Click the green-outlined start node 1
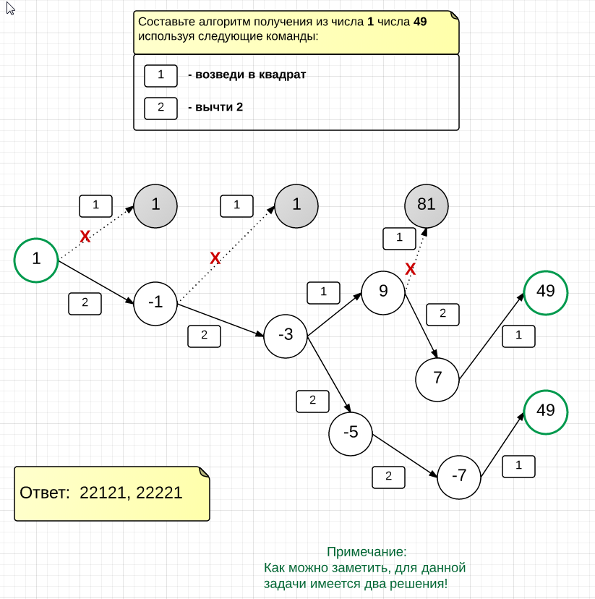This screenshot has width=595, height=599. pos(36,260)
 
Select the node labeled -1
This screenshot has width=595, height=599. pos(155,303)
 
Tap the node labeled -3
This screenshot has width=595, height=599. pos(286,336)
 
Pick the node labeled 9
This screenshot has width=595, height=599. pos(383,292)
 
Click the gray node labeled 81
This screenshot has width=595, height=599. pos(427,205)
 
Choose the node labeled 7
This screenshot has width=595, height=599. pos(437,378)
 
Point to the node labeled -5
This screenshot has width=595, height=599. pos(351,433)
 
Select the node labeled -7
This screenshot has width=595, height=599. pos(459,476)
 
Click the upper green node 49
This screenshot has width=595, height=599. pos(546,292)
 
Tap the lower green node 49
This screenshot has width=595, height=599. pos(546,412)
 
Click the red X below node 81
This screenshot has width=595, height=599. pos(411,270)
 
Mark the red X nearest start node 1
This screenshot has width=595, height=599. pos(85,237)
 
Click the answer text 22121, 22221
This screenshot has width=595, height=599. pos(131,493)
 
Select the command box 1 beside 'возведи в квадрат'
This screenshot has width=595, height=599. pos(160,75)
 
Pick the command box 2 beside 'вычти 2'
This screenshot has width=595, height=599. pos(160,108)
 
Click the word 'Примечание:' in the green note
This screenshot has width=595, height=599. pos(367,552)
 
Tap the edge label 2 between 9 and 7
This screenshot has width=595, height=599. pos(442,313)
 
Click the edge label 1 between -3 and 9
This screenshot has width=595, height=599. pos(323,292)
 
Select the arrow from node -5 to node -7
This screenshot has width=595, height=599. pos(405,456)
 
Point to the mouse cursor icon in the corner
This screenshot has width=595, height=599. pos(10,9)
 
